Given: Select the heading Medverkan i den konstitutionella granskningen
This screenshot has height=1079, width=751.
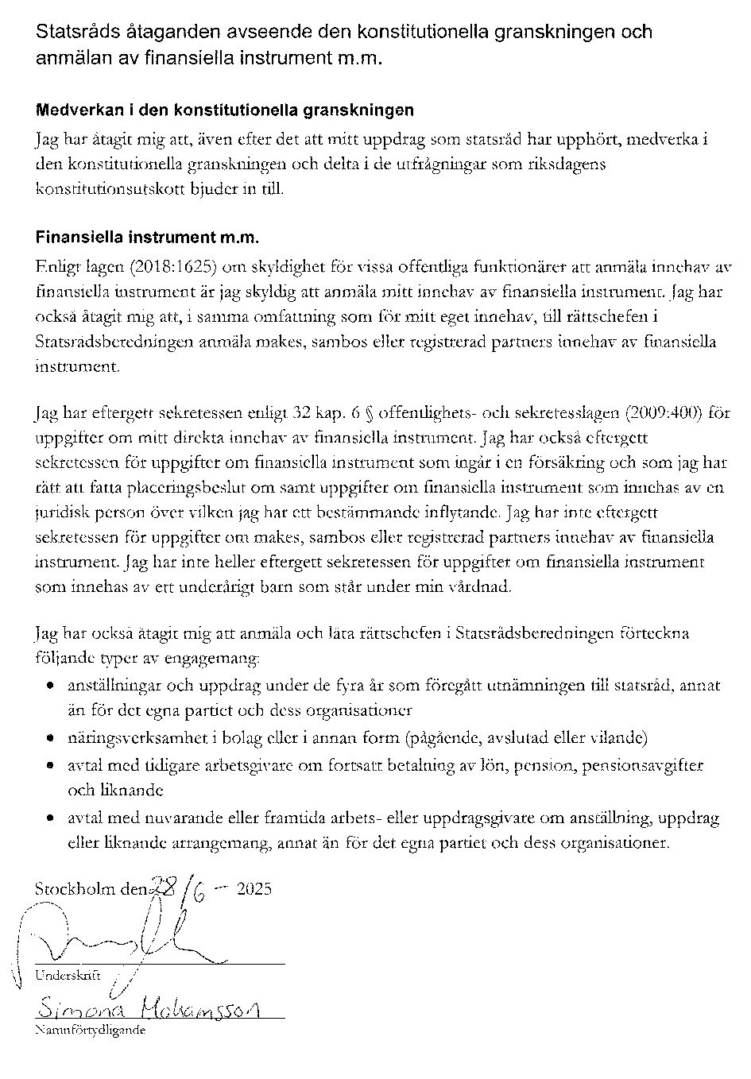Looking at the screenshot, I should pyautogui.click(x=224, y=110).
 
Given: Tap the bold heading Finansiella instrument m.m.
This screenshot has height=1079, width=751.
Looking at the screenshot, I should pyautogui.click(x=147, y=238).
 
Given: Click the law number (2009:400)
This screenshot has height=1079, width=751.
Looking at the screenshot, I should pyautogui.click(x=664, y=413).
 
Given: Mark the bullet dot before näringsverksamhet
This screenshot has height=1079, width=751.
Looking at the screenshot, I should pyautogui.click(x=50, y=738).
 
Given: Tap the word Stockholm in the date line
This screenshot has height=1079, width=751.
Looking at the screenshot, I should pyautogui.click(x=75, y=888).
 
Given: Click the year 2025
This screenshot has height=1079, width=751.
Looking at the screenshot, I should pyautogui.click(x=254, y=888).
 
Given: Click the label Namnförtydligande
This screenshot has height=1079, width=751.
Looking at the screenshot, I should pyautogui.click(x=91, y=1030).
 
